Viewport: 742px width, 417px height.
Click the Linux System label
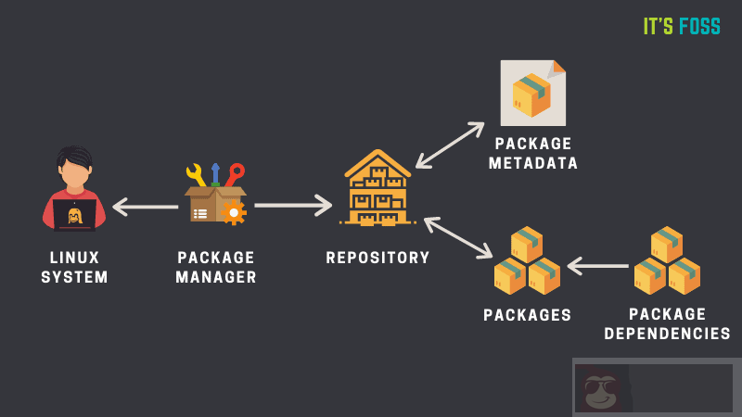(x=74, y=267)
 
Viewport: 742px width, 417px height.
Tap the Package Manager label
(x=216, y=267)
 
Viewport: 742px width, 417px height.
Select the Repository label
(x=377, y=258)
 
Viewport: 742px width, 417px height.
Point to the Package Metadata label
(x=533, y=154)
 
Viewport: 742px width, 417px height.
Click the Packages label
(x=528, y=315)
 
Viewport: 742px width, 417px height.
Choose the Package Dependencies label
(x=667, y=324)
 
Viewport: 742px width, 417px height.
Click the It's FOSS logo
(x=682, y=27)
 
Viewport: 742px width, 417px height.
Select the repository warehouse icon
(x=377, y=189)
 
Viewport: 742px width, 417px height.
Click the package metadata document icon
(x=532, y=93)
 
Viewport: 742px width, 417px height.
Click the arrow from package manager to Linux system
(x=146, y=206)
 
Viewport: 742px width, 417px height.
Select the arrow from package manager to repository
(x=293, y=205)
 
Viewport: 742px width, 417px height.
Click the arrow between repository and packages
(x=458, y=237)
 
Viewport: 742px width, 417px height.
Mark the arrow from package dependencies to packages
(x=598, y=267)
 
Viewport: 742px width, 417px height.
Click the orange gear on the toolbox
(x=234, y=212)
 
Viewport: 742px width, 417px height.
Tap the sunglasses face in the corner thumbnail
(x=602, y=387)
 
